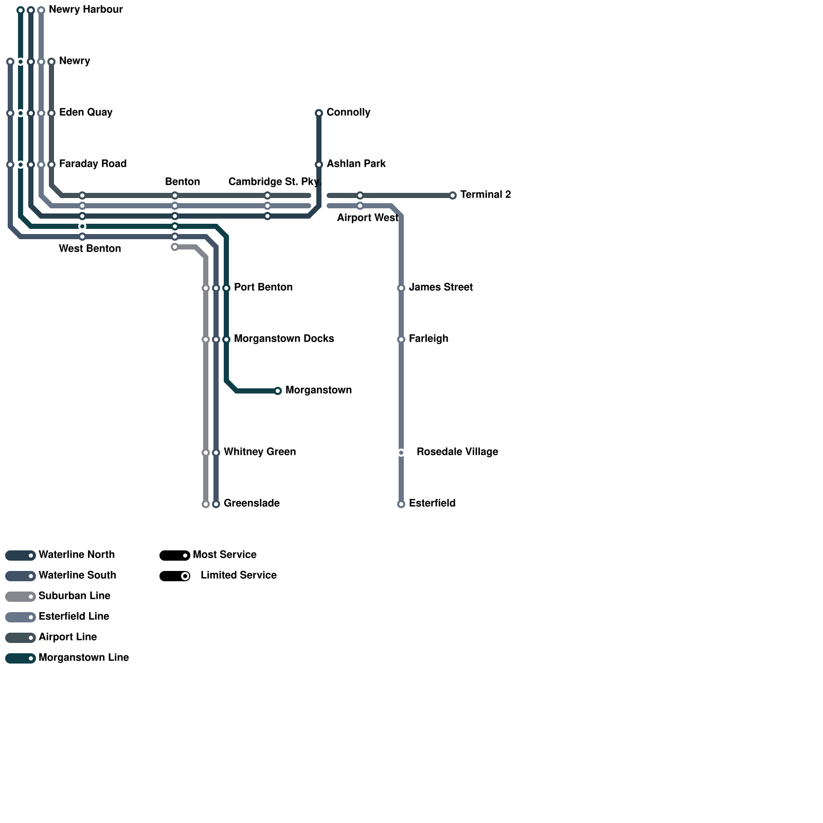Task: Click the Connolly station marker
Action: (x=319, y=113)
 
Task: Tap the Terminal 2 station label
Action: (x=485, y=194)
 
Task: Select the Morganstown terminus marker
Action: (x=278, y=391)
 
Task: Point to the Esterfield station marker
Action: (x=401, y=504)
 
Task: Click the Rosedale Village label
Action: (x=457, y=452)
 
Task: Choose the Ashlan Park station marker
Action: (x=319, y=165)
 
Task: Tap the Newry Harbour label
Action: (x=85, y=9)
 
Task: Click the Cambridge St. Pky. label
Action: (x=275, y=182)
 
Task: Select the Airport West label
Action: (x=367, y=218)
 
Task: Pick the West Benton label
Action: (x=90, y=248)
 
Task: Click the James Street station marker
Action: (x=401, y=288)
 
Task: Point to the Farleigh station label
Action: (x=428, y=338)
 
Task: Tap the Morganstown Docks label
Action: (x=283, y=338)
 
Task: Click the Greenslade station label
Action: (x=252, y=503)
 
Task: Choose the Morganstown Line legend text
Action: (x=83, y=657)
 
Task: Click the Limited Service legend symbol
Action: (x=175, y=576)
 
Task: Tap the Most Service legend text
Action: (x=224, y=554)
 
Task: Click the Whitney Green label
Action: (x=259, y=452)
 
